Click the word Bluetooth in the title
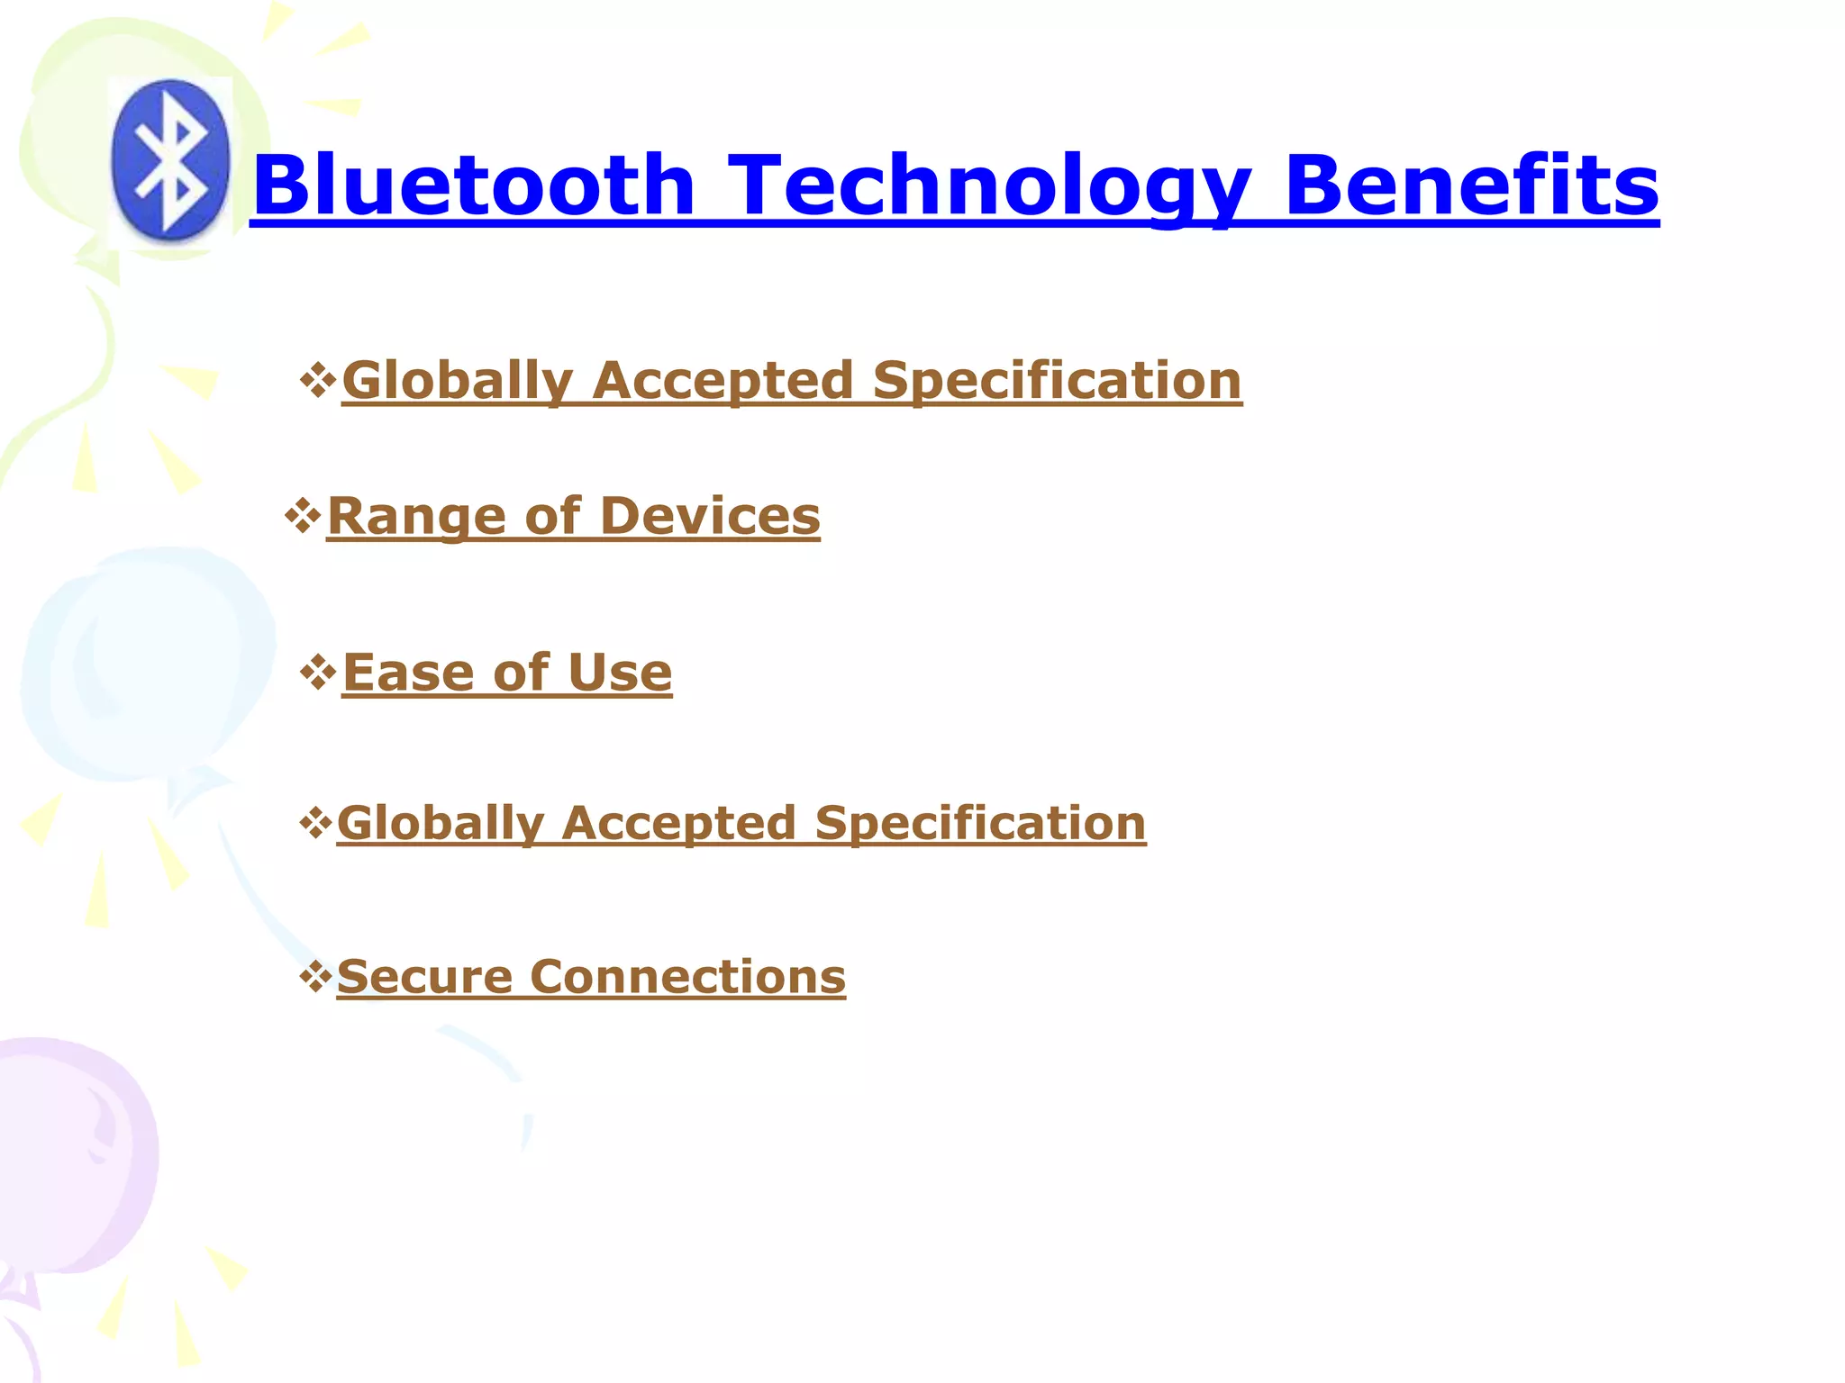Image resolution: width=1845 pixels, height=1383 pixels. click(474, 185)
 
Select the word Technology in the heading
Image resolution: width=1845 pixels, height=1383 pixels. click(988, 185)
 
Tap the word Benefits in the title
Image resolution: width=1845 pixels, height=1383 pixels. click(1471, 185)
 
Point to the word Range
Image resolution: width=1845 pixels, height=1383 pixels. click(415, 517)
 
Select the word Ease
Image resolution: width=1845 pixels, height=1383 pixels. click(408, 673)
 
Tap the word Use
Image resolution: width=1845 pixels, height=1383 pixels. click(620, 673)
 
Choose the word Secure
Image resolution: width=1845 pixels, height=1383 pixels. click(424, 977)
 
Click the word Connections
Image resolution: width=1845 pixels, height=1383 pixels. click(687, 977)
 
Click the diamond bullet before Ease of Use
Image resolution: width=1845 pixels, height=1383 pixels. click(317, 673)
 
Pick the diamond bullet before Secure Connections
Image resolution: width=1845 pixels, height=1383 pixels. click(315, 976)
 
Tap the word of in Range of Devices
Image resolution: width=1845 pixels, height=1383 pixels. click(552, 517)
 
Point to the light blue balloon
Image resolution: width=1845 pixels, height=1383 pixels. click(144, 666)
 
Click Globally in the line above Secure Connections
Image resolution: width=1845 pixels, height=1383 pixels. click(441, 824)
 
